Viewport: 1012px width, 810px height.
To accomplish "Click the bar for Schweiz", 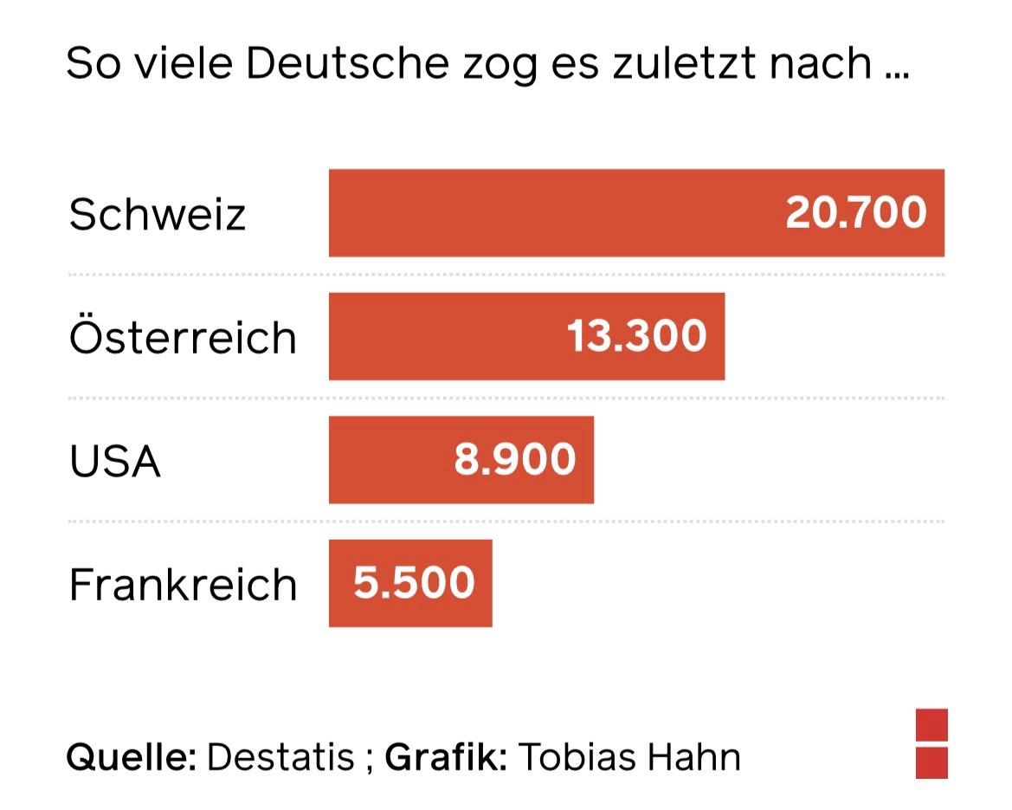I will [x=554, y=213].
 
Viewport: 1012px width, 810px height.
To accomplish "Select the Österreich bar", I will [x=450, y=336].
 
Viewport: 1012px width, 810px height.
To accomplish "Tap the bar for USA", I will [x=390, y=460].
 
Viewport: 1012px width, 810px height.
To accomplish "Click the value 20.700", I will [x=855, y=213].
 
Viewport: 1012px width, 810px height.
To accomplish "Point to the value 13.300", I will [x=636, y=336].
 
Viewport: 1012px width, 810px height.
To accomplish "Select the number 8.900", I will [x=514, y=460].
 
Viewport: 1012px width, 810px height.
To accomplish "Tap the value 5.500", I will [x=414, y=583].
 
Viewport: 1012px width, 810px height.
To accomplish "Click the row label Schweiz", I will [x=158, y=213].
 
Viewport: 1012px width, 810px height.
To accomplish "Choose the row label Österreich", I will [x=183, y=336].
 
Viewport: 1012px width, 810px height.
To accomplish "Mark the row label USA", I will [x=115, y=460].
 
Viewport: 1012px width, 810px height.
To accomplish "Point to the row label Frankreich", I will [x=183, y=584].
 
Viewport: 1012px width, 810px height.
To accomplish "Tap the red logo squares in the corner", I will [x=931, y=743].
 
